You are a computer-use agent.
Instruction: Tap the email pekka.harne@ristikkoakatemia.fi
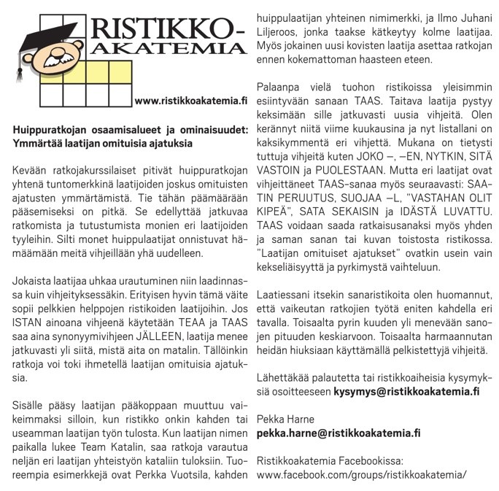(338, 433)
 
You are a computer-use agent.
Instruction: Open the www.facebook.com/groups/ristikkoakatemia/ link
(361, 474)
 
